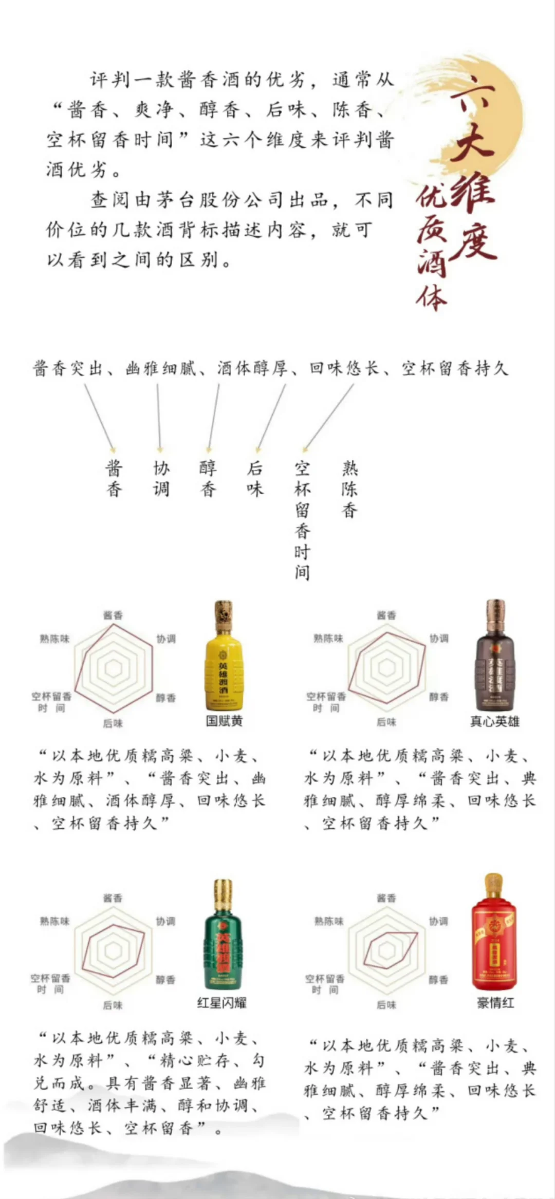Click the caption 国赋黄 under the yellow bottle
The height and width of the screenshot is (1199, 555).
coord(224,721)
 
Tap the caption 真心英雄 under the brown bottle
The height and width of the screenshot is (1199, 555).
coord(494,721)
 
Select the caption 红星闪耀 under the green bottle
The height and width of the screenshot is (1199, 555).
coord(222,1002)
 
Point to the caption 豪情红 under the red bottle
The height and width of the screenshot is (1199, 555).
coord(495,1002)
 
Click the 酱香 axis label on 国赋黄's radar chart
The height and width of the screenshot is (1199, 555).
coord(113,615)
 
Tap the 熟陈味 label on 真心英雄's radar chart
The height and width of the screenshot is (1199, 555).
coord(328,638)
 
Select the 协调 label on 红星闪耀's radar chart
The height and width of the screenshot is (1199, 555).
coord(165,921)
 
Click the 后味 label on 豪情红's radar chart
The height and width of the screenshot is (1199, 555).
coord(386,1004)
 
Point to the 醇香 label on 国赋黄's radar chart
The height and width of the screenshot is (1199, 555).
coord(165,698)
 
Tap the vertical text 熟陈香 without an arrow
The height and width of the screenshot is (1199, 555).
coord(349,489)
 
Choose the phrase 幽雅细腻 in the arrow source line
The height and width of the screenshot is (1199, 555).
coord(161,368)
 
